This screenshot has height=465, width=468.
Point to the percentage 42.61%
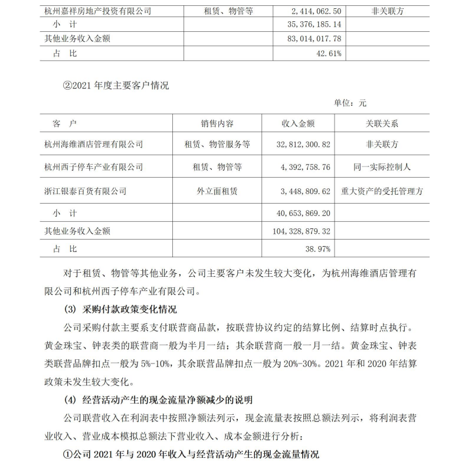(329, 53)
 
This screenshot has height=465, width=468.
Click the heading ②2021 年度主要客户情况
(115, 86)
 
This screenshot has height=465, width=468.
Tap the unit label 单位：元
(350, 103)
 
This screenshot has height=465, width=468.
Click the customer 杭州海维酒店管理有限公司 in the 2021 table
(94, 144)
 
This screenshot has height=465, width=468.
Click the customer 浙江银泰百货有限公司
(86, 191)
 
